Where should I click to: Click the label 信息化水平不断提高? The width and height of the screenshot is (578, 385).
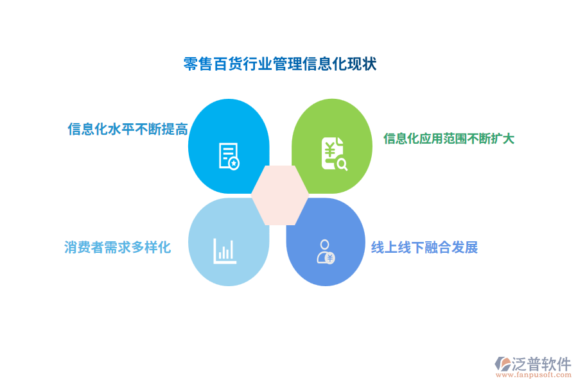(128, 129)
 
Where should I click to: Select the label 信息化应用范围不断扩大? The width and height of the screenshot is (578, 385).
(449, 138)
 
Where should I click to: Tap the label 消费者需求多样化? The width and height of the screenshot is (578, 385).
(118, 247)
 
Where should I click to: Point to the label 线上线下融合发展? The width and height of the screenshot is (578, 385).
(425, 247)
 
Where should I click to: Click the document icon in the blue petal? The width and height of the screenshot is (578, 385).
(228, 156)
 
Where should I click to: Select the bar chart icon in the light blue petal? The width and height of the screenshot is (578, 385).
(225, 250)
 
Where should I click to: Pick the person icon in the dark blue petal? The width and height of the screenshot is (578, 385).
(325, 251)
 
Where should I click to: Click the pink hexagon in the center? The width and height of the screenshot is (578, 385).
(280, 195)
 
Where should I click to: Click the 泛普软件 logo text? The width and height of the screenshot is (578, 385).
(541, 364)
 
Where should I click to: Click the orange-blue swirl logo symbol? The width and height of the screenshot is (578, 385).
(502, 365)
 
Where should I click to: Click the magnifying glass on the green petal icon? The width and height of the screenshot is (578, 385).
(342, 164)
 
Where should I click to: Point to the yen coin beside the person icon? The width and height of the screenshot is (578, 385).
(330, 258)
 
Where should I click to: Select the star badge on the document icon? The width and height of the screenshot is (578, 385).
(234, 164)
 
